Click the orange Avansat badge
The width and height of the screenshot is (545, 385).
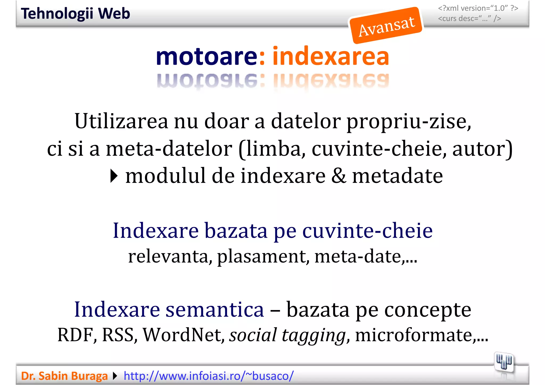(x=386, y=26)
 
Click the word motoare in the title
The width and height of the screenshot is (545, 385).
(x=207, y=57)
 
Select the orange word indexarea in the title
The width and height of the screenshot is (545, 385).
(x=331, y=57)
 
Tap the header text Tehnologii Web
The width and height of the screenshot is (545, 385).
(x=76, y=14)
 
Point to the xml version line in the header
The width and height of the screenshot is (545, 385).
(x=478, y=8)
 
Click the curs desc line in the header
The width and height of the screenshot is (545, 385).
(x=469, y=19)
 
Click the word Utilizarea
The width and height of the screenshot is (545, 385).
(x=121, y=122)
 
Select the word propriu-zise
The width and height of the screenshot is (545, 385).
(x=409, y=122)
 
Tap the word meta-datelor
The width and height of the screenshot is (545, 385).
(x=169, y=149)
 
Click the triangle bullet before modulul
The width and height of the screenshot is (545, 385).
(x=114, y=176)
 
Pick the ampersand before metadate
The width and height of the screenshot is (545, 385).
(x=338, y=176)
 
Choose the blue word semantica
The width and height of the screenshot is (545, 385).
(x=214, y=310)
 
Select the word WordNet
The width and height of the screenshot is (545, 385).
(x=184, y=335)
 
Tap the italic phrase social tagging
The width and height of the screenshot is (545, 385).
(x=287, y=335)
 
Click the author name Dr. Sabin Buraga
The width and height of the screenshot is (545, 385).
(x=64, y=376)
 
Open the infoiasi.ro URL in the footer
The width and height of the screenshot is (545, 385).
(x=209, y=376)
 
